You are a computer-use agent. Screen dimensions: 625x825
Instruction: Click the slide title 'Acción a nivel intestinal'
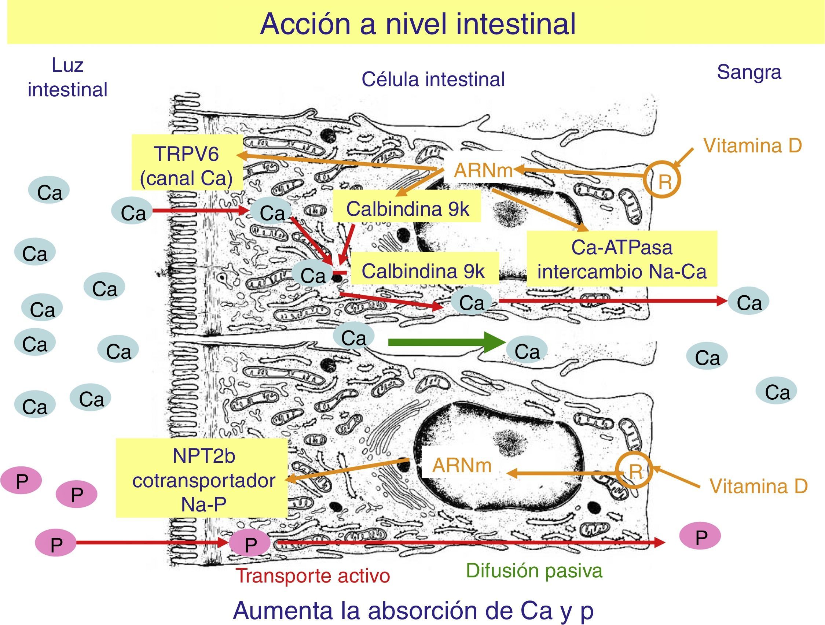point(418,24)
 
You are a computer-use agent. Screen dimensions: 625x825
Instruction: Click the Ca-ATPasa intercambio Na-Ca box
point(622,259)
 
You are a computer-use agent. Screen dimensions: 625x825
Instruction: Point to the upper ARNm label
point(483,171)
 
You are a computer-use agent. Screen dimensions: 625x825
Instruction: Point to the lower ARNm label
point(462,466)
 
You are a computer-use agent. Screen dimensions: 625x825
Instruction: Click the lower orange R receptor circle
point(634,471)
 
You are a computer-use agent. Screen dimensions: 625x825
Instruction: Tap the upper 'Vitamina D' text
point(752,145)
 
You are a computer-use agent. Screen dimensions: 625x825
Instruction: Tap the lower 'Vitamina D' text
point(758,487)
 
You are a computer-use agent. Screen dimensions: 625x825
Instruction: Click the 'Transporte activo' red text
point(312,576)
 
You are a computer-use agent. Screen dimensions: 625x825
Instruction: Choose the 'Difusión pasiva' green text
point(534,570)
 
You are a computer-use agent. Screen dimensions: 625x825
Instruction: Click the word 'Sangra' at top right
point(749,72)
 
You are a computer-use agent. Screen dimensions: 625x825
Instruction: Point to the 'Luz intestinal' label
point(67,78)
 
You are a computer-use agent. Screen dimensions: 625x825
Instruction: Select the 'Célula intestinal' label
point(433,79)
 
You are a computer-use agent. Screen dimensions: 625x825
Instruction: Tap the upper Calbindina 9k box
point(407,209)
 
